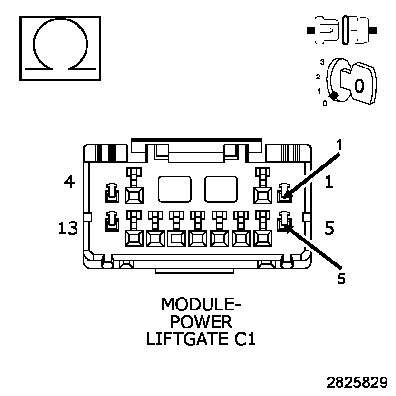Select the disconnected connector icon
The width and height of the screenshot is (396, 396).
pyautogui.click(x=342, y=30)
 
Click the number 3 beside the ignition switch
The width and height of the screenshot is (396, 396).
pyautogui.click(x=322, y=62)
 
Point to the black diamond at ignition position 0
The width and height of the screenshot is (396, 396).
pyautogui.click(x=334, y=96)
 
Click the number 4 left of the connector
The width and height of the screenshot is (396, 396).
pyautogui.click(x=69, y=181)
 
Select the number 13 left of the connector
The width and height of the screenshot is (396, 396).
pyautogui.click(x=68, y=229)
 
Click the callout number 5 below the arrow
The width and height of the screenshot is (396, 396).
pyautogui.click(x=341, y=279)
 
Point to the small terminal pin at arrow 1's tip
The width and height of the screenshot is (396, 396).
pyautogui.click(x=284, y=192)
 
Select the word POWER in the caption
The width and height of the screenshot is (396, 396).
pyautogui.click(x=202, y=322)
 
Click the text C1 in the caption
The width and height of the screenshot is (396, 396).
pyautogui.click(x=244, y=339)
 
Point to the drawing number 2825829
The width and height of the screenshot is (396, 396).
pyautogui.click(x=357, y=383)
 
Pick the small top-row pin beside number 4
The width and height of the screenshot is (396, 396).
pyautogui.click(x=111, y=192)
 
